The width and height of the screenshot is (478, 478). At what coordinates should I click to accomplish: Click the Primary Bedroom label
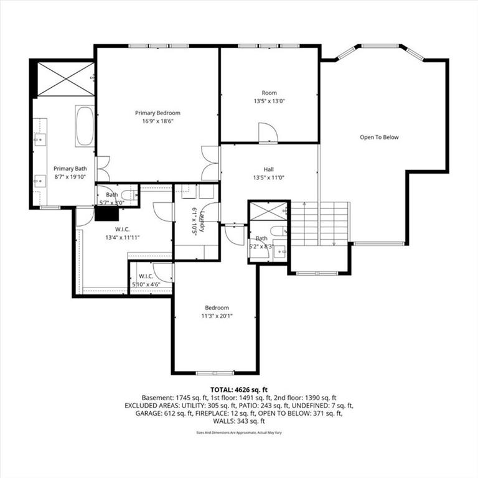pyautogui.click(x=157, y=113)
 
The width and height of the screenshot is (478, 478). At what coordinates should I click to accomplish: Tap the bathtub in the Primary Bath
pyautogui.click(x=84, y=126)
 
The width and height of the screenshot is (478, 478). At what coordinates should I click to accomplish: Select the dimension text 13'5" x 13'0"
pyautogui.click(x=269, y=101)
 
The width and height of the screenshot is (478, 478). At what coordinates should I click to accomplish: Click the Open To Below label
pyautogui.click(x=379, y=138)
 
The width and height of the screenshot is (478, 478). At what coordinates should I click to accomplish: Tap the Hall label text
pyautogui.click(x=268, y=169)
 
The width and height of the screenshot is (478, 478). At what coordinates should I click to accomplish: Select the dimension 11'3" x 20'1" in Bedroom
pyautogui.click(x=217, y=316)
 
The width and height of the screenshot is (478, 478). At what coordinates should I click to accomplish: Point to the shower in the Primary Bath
pyautogui.click(x=65, y=79)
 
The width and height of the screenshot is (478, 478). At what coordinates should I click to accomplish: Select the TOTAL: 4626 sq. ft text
pyautogui.click(x=239, y=390)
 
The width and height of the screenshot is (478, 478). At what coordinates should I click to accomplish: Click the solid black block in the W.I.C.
pyautogui.click(x=107, y=213)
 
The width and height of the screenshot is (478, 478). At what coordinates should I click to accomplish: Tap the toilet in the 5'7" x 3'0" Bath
pyautogui.click(x=128, y=194)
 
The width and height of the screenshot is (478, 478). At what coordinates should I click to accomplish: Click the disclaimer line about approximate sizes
pyautogui.click(x=239, y=431)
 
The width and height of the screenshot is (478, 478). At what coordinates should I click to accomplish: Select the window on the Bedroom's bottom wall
pyautogui.click(x=215, y=372)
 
